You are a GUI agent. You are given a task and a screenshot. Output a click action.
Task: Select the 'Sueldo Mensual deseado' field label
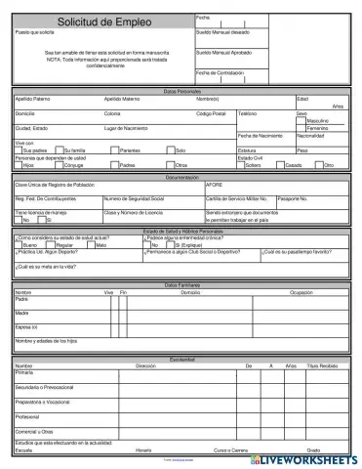[x=225, y=33]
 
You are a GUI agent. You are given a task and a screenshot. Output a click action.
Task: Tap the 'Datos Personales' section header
[x=181, y=91]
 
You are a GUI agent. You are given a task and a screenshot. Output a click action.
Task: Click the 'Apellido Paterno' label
[x=35, y=99]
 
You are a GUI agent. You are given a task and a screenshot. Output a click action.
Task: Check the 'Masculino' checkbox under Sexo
[x=302, y=120]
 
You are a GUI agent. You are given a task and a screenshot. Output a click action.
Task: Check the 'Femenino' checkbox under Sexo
[x=302, y=128]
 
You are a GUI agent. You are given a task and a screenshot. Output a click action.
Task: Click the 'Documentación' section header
[x=181, y=177]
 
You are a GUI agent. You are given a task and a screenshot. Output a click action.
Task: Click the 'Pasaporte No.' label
[x=266, y=198]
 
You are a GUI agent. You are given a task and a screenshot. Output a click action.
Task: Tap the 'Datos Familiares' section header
[x=181, y=284]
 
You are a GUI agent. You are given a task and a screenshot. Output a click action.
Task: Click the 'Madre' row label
[x=21, y=313]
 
